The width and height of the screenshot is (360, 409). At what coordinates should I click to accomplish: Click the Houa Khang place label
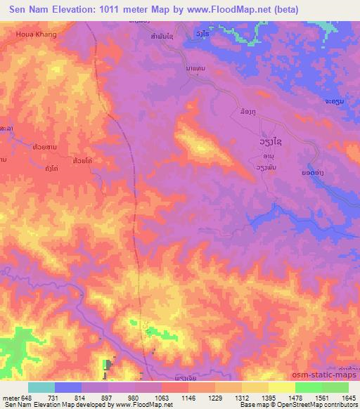pyautogui.click(x=36, y=33)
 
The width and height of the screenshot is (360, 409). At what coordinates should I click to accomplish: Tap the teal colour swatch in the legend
pyautogui.click(x=41, y=387)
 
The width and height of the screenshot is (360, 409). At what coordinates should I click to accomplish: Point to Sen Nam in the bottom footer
pyautogui.click(x=15, y=405)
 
